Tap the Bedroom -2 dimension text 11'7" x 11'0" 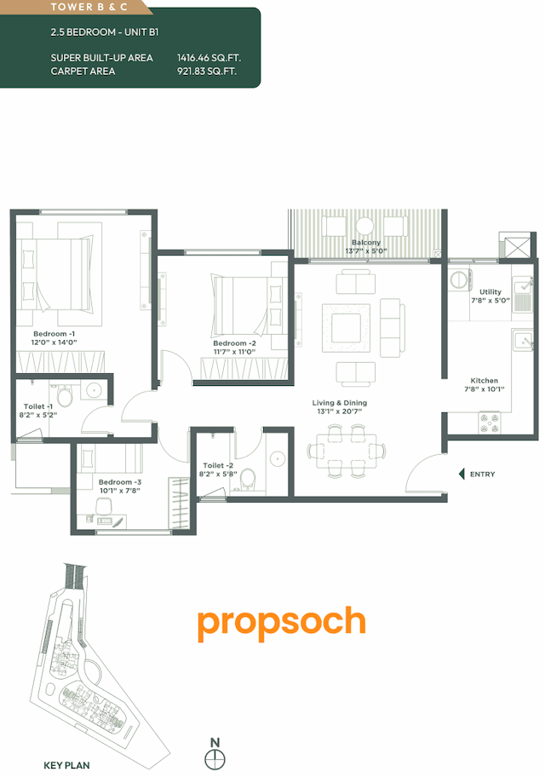coord(234,352)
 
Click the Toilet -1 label coord(39,406)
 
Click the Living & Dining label coord(339,403)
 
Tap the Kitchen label coord(485,381)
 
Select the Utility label coord(490,292)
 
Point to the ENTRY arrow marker coord(462,475)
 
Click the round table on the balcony coord(364,226)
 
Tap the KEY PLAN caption coord(66,765)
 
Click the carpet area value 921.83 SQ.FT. coord(207,72)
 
